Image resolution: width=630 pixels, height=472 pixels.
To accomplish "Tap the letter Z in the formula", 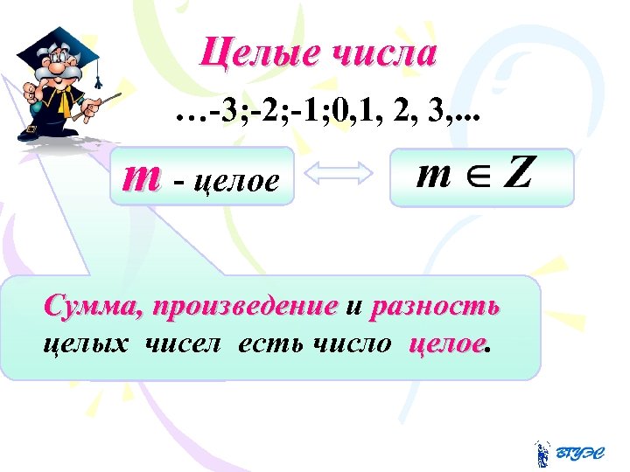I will (517, 174).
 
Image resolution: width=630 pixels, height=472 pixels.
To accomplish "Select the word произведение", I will (244, 308).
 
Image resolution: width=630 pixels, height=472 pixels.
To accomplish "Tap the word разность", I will (435, 308).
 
